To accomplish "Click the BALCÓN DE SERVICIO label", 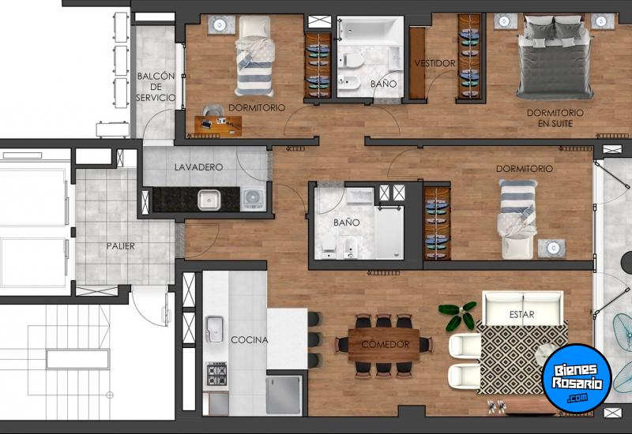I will coord(155,87).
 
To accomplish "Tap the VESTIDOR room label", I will coord(434,63).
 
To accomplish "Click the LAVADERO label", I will coord(198,167).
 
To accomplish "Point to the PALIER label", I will coord(121,246).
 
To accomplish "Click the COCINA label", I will coord(249,340).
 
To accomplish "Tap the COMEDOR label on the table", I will coord(385,345).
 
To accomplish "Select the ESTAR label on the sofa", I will coord(521,314).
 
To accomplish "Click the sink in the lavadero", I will coord(209,200).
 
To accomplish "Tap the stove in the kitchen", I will coord(216,375).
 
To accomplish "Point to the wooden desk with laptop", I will coord(218,123).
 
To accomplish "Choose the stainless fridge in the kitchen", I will coord(284,394).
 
